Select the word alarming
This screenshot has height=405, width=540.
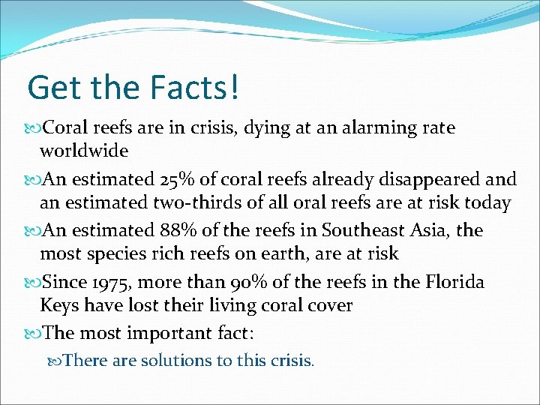pos(385,128)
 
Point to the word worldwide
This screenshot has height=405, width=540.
pos(84,151)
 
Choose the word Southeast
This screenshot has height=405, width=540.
pos(356,230)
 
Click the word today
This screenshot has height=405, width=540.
pos(487,202)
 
